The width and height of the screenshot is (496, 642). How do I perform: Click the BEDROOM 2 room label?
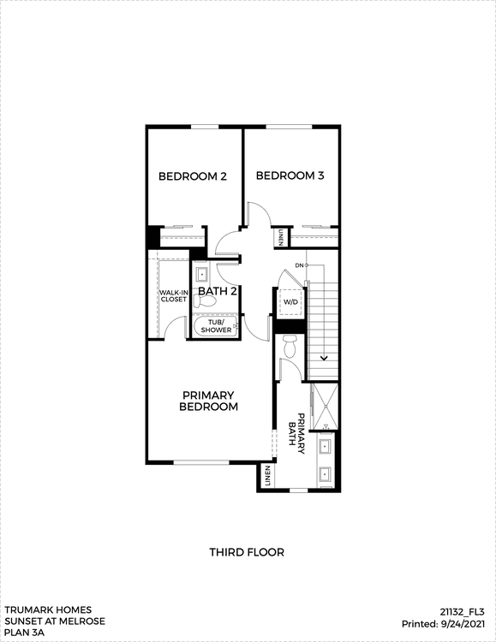(193, 176)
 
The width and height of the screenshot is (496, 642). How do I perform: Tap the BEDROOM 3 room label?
(290, 175)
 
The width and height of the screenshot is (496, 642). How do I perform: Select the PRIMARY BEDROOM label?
(209, 401)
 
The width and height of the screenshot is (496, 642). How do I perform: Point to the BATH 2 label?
(218, 291)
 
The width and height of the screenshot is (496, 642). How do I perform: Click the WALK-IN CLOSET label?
(174, 296)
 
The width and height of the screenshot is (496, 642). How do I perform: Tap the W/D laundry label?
(290, 302)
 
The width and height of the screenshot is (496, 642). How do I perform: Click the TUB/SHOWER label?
(216, 326)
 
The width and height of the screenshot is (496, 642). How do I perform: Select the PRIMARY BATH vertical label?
(296, 434)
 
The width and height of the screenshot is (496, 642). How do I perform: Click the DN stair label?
(299, 265)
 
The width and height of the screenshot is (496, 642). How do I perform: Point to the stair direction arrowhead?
(325, 359)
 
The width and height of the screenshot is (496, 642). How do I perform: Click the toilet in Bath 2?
(204, 302)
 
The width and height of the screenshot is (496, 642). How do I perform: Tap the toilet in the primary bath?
(290, 346)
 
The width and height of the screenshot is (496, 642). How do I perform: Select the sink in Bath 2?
(201, 274)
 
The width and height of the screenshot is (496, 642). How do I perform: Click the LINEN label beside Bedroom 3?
(281, 237)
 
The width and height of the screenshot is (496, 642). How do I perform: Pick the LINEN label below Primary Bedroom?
(268, 476)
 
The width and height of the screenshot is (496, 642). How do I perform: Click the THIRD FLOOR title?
(247, 552)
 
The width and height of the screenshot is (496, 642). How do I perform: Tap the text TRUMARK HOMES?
(48, 609)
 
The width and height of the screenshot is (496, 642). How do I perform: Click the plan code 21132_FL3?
(463, 612)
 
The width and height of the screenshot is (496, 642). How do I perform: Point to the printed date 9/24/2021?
(463, 624)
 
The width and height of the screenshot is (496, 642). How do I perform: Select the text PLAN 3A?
(25, 633)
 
